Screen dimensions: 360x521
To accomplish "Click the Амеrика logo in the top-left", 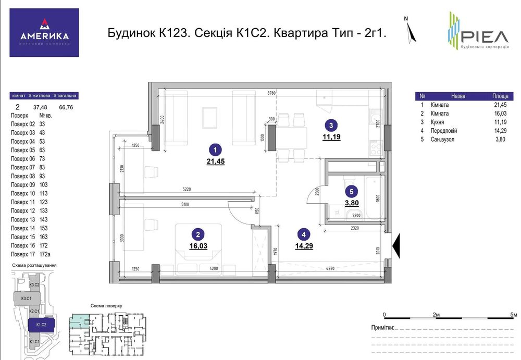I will coord(44,33).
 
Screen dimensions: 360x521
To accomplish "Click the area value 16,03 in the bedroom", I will coord(199,246).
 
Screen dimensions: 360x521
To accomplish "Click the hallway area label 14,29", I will coord(304,246).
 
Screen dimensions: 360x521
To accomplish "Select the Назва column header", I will coord(458,96).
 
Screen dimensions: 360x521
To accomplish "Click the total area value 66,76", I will coord(66,107).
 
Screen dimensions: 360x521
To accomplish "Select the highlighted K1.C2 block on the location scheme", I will coord(41,325).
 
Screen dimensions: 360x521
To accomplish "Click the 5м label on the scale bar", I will coord(513,315).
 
